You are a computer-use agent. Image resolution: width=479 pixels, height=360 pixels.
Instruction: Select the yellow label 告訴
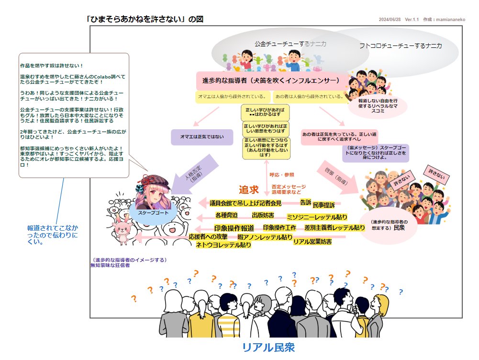[x=306, y=202]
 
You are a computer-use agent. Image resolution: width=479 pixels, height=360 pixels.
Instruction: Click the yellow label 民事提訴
[x=323, y=205]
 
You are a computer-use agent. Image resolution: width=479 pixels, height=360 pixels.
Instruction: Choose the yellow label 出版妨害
[x=263, y=215]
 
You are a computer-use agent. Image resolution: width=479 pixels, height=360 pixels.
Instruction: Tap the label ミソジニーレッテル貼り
[x=317, y=217]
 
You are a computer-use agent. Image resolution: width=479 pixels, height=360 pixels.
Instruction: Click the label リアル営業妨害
[x=312, y=242]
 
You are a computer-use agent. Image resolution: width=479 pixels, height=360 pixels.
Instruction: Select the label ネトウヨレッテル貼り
[x=223, y=245]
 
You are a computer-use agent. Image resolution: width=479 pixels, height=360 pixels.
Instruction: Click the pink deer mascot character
[x=121, y=229]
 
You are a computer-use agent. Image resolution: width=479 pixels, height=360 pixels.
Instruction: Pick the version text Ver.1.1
[x=412, y=20]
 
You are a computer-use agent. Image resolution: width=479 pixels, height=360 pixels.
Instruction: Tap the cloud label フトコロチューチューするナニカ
[x=401, y=46]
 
